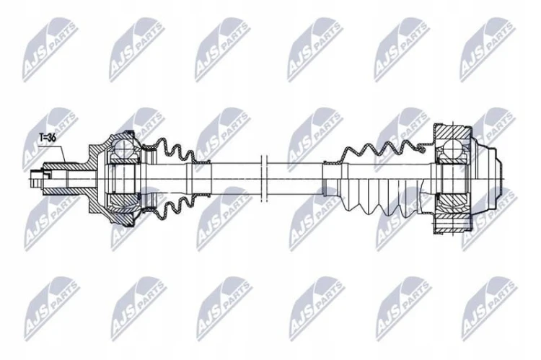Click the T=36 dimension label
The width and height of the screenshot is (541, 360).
pyautogui.click(x=47, y=137)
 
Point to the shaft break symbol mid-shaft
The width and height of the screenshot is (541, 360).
pyautogui.click(x=264, y=178)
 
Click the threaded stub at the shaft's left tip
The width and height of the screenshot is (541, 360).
pyautogui.click(x=36, y=178)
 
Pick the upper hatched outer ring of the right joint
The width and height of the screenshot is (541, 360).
pyautogui.click(x=452, y=132)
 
